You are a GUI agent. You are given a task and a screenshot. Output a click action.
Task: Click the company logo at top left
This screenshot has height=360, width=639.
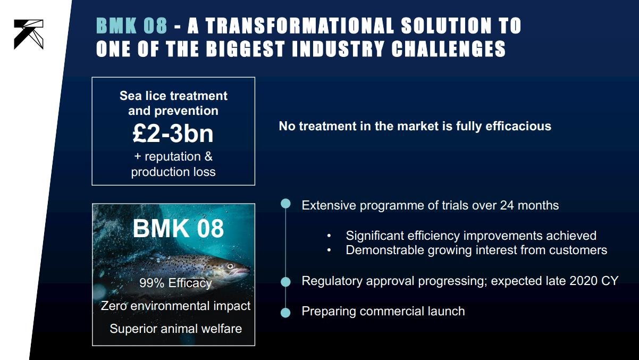tap(29, 34)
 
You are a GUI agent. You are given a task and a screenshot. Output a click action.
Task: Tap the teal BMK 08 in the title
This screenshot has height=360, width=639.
tap(132, 26)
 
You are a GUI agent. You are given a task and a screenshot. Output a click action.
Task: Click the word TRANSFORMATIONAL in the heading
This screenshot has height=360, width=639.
tap(300, 26)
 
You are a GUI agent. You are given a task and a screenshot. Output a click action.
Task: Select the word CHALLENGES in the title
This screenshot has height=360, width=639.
tap(449, 49)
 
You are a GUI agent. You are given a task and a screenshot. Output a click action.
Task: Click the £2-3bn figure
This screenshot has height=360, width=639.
tap(173, 133)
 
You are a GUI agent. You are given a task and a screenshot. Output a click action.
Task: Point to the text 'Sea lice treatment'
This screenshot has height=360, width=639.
tap(173, 96)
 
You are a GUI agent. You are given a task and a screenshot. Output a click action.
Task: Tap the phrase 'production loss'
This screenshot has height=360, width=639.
tap(173, 172)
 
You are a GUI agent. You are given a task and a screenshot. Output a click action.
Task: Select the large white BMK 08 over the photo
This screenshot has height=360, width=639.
tap(178, 228)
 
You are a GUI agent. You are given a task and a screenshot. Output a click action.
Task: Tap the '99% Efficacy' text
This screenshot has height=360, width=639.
tap(175, 283)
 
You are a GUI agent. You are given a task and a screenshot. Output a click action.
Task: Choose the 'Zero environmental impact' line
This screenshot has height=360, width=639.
tap(175, 306)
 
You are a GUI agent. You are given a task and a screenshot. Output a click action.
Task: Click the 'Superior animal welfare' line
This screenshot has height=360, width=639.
tap(176, 329)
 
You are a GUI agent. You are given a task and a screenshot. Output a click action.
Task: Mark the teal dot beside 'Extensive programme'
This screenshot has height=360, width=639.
tap(285, 204)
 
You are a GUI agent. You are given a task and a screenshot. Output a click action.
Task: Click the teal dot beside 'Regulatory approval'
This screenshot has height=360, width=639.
tap(285, 282)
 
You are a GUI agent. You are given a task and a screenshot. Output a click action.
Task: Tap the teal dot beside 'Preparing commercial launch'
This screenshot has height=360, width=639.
tap(285, 313)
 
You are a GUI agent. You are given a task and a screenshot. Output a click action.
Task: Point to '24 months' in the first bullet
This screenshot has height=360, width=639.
tap(529, 205)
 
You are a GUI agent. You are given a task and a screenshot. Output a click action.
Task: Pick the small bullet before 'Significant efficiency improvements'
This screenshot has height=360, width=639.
tap(329, 236)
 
